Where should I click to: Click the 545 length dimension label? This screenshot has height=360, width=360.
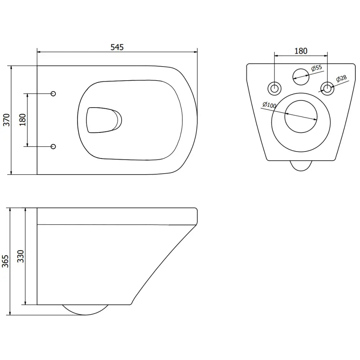(117, 47)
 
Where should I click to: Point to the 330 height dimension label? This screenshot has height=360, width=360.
(21, 256)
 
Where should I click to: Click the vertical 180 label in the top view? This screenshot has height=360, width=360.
(23, 120)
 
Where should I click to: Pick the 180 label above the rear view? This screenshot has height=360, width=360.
(301, 51)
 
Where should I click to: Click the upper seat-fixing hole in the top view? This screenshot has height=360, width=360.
(53, 94)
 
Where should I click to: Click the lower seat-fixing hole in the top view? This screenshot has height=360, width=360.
(53, 146)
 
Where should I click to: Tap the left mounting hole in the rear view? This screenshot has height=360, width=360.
(275, 87)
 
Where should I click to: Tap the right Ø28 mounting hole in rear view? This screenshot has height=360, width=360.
(327, 87)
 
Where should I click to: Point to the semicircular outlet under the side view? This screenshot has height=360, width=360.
(86, 309)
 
